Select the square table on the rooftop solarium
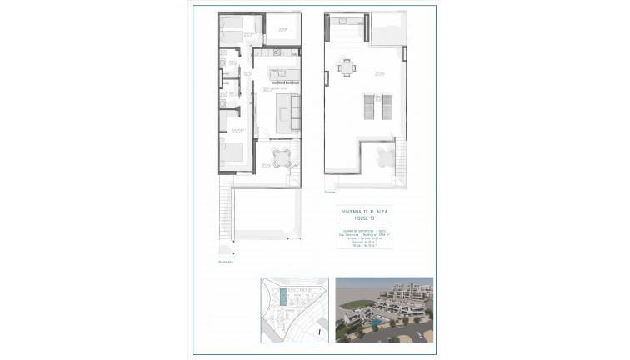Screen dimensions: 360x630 pyautogui.click(x=347, y=67)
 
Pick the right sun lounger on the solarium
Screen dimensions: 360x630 pyautogui.click(x=386, y=106)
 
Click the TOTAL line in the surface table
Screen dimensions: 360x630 pyautogui.click(x=363, y=247)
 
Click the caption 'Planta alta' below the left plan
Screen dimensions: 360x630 pyautogui.click(x=225, y=262)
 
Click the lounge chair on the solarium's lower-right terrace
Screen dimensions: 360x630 pyautogui.click(x=383, y=157)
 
